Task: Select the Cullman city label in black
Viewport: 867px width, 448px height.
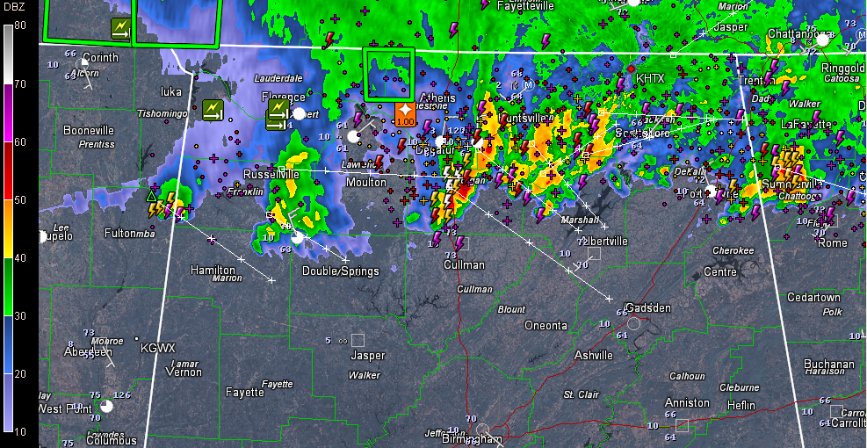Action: tap(464, 264)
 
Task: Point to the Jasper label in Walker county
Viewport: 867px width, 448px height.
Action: tap(367, 355)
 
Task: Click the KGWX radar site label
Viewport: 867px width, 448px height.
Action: tap(158, 348)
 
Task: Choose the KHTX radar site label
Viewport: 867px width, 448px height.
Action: tap(650, 78)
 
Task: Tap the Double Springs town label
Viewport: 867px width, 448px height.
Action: tap(341, 271)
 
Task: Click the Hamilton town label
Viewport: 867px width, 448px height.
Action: tap(213, 270)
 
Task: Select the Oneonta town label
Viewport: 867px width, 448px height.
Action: tap(545, 325)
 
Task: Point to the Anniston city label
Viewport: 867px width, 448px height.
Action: tap(687, 402)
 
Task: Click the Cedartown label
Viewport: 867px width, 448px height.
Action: tap(813, 297)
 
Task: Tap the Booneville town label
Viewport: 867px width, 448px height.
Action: tap(90, 130)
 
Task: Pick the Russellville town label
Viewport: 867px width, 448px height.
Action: tap(271, 174)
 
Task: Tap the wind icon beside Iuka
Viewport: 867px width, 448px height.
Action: tap(213, 110)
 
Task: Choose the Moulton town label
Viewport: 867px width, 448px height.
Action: tap(366, 183)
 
